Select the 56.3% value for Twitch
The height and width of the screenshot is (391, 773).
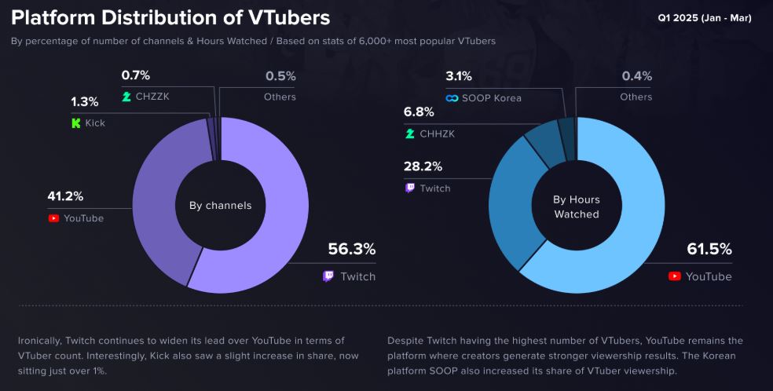[351, 250]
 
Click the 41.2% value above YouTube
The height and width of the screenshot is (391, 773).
[66, 196]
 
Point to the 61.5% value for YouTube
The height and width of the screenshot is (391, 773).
[709, 250]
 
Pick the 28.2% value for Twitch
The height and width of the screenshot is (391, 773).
[423, 166]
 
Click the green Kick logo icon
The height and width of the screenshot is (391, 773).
[76, 123]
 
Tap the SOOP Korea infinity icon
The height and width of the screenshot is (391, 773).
[452, 97]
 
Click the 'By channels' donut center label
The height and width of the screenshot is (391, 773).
[220, 206]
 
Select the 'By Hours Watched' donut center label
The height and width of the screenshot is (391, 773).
[576, 207]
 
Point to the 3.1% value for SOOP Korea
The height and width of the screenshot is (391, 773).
[459, 76]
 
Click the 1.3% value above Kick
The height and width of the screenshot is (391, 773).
[85, 102]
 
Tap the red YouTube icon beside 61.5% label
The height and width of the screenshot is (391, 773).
[674, 276]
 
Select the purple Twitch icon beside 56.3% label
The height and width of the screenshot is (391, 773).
[328, 276]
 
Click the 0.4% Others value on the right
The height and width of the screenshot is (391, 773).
[636, 76]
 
